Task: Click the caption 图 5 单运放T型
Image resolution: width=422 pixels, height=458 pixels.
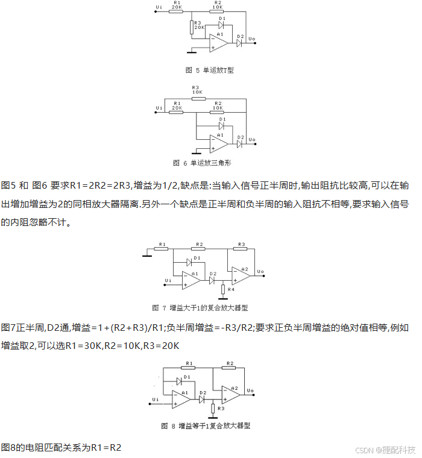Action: tap(209, 70)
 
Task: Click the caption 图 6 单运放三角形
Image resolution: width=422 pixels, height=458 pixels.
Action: tap(210, 163)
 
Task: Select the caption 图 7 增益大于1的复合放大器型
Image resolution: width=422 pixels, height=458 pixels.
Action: tap(209, 307)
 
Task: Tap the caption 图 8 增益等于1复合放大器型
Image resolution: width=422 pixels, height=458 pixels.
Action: tap(206, 425)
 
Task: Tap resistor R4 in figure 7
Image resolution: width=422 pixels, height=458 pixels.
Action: tap(223, 290)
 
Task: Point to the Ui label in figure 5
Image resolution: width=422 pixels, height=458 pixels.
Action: tap(159, 8)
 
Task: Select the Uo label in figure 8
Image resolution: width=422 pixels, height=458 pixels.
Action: tap(250, 391)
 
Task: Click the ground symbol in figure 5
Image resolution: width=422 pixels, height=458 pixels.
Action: tap(191, 52)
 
